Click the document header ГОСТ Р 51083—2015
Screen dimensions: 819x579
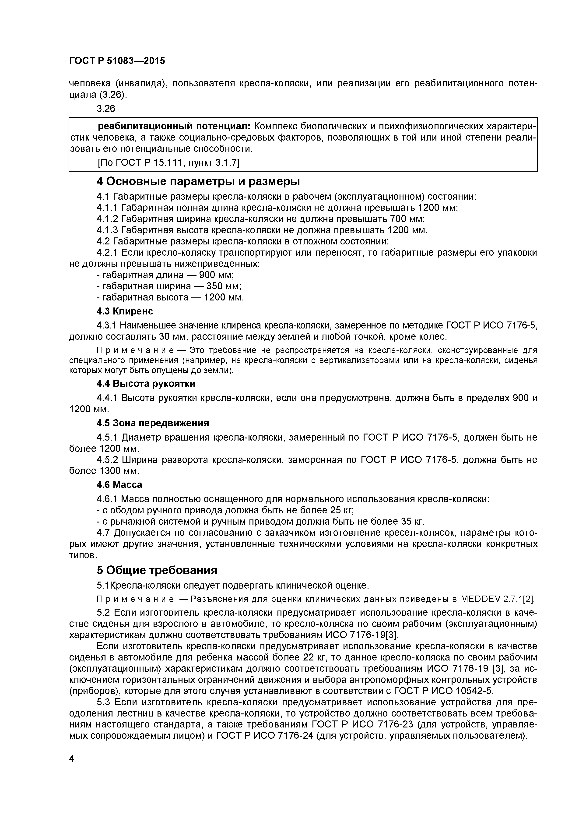[117, 61]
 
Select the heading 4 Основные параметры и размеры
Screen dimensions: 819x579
[198, 182]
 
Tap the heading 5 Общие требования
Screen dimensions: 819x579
[157, 570]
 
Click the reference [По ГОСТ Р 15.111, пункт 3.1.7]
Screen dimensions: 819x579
[168, 163]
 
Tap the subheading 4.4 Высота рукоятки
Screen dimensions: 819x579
[146, 384]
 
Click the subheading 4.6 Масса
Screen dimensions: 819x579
[119, 485]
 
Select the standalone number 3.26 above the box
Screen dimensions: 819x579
[106, 108]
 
